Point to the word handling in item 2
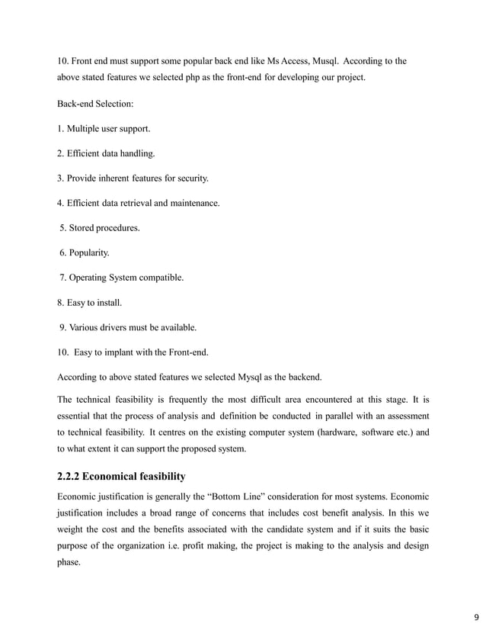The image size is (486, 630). coord(137,153)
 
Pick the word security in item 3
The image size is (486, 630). coord(191,178)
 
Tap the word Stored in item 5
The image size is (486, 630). coord(82,228)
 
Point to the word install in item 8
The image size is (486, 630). coord(109,303)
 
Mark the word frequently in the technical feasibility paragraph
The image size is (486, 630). coord(181,400)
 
